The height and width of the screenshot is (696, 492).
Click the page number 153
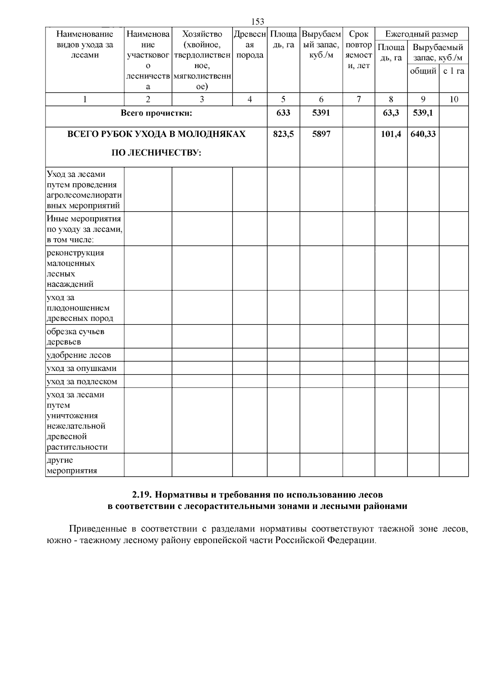tap(257, 22)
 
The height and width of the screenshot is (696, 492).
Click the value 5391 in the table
tap(321, 113)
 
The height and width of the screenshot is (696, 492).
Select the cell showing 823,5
tap(283, 134)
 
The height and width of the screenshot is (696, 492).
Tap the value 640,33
tap(423, 134)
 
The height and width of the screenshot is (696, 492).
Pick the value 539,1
tap(423, 113)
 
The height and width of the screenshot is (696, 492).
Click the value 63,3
tap(391, 113)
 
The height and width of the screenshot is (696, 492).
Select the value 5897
tap(321, 134)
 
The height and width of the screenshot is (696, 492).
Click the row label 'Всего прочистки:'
tap(156, 113)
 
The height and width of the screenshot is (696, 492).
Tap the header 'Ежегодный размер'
tap(421, 34)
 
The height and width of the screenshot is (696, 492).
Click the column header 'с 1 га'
tap(454, 71)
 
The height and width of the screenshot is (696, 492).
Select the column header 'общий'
tap(423, 71)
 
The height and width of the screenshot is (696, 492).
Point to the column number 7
tap(359, 99)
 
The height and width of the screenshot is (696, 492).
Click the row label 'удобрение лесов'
tap(79, 355)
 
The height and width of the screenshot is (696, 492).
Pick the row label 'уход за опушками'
tap(82, 368)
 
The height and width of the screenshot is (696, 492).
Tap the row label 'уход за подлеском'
tap(82, 381)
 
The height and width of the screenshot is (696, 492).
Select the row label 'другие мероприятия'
tap(72, 465)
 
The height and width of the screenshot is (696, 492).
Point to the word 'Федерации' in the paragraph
tap(355, 540)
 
